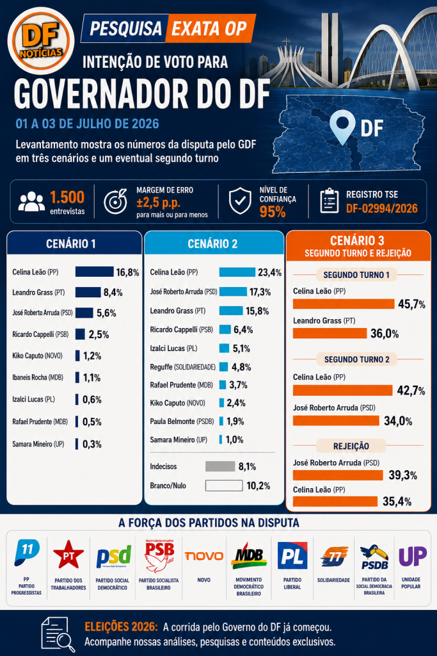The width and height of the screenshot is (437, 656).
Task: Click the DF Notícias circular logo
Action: (x=41, y=41)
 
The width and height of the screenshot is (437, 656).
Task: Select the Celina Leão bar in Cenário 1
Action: (x=95, y=272)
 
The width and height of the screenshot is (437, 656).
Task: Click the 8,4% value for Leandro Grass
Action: (x=113, y=292)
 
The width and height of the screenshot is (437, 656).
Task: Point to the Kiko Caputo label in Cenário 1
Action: (x=37, y=356)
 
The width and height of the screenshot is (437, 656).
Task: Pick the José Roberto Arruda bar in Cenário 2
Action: (x=233, y=291)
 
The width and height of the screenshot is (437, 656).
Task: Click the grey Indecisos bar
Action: (x=220, y=466)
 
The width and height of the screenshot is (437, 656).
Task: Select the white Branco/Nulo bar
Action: (x=224, y=486)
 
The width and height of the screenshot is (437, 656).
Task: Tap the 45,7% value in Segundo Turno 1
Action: (x=411, y=304)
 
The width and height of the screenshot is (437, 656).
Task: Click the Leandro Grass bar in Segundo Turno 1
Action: (x=330, y=333)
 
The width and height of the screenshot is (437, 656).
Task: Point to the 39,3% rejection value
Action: (x=402, y=475)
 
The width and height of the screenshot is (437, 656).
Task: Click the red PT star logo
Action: (x=68, y=554)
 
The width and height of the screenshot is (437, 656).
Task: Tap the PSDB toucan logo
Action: (x=374, y=557)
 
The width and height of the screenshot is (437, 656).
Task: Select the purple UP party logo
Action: (x=412, y=557)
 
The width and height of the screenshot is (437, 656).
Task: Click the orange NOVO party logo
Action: (x=204, y=555)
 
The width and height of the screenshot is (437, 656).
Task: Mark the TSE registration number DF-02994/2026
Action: (x=381, y=208)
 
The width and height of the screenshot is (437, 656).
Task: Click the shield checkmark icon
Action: (x=240, y=201)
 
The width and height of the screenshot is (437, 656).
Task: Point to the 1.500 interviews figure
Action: (x=67, y=197)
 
